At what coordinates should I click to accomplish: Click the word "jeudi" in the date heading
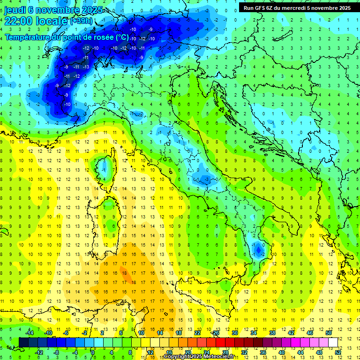15,10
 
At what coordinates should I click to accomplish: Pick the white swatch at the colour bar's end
333,342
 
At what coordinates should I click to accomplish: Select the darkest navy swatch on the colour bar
23,342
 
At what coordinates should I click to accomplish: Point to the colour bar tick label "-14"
29,332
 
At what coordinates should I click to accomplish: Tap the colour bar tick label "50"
328,332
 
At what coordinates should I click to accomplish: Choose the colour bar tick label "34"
253,332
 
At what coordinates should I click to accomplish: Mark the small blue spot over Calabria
257,249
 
